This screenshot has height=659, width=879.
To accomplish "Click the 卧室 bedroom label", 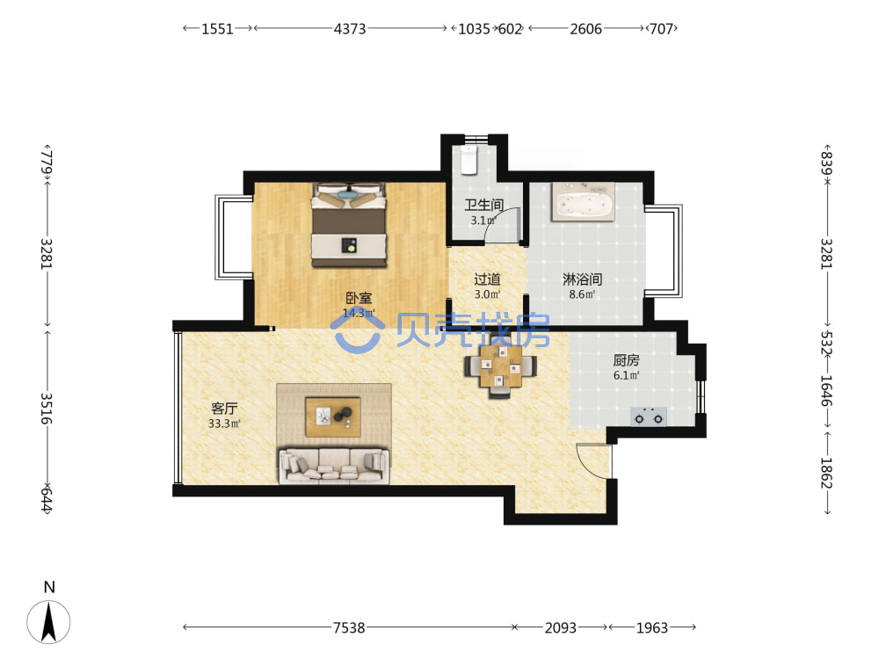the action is pos(359,298).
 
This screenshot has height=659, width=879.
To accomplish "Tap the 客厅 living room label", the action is pos(224,409).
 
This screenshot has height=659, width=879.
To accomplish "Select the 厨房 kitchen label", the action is pos(626,360).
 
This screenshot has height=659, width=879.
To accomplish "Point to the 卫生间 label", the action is pos(483,205).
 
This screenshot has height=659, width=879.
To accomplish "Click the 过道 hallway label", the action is pos(487,279).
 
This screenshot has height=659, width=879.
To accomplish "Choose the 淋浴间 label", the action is pos(583,279).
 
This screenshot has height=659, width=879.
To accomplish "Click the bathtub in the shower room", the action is pos(583,202).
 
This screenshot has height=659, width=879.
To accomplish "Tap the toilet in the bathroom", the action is pos(469,159).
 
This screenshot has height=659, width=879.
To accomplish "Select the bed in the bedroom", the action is pos(349,225).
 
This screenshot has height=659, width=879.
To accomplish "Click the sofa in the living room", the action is pos(334,465).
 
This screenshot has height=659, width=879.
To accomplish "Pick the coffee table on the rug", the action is pos(333,416).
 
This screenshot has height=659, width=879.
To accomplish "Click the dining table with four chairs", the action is pos(500,367).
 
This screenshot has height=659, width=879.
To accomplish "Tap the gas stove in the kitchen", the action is pos(649,416).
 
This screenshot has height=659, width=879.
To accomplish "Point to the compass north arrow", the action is pos(48,621).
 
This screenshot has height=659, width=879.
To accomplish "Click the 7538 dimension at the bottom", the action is pos(349,627).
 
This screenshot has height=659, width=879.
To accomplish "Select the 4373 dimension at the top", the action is pos(350,29).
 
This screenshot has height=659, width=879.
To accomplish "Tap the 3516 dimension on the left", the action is pos(46,408).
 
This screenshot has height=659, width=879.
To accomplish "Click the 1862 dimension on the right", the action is pos(826,473).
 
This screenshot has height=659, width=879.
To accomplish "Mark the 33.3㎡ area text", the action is pos(224,424).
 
